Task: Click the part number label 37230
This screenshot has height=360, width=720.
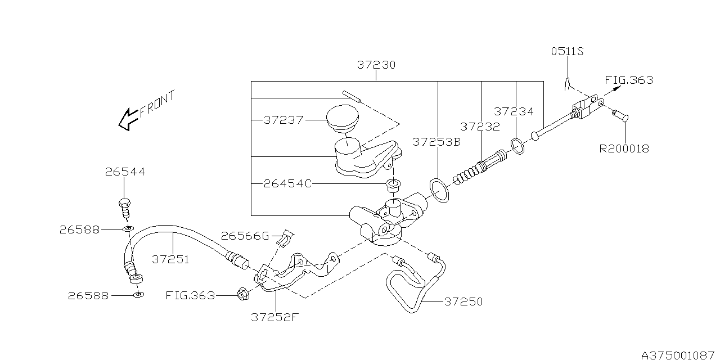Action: coord(376,65)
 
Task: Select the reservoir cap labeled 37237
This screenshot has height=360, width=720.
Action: coord(343,118)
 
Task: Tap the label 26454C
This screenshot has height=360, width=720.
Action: coord(287,184)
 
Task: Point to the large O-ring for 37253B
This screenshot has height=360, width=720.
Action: coord(439,191)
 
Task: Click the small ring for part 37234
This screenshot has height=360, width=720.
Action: coord(517,146)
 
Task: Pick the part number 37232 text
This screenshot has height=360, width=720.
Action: coord(480,127)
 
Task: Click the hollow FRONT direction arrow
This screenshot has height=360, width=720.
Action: coord(129,119)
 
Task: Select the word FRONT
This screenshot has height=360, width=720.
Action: coord(157,103)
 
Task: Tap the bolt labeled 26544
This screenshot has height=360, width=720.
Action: coord(125,208)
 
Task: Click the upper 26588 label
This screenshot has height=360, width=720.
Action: coord(79,230)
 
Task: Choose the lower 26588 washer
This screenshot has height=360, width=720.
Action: coord(138,294)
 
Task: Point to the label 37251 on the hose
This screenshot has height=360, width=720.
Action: coord(170,259)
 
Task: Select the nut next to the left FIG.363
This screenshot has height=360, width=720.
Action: coord(242,294)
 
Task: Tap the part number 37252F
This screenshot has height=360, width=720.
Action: coord(275,318)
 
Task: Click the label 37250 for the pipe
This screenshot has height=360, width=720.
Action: coord(463,301)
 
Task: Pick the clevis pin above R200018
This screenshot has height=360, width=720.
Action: coord(620,116)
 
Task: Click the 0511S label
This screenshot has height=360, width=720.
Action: coord(568,51)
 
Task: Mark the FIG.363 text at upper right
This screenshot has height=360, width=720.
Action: coord(629,80)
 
